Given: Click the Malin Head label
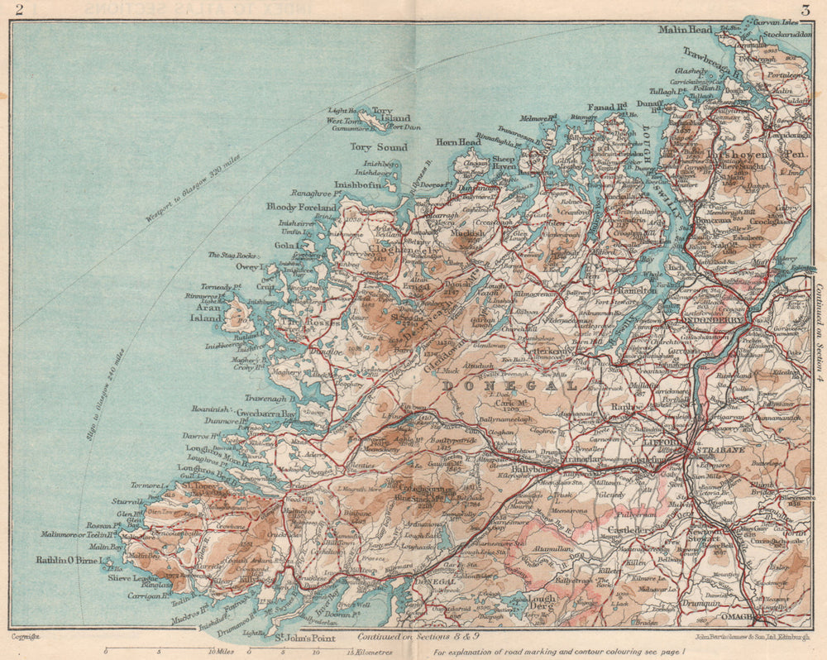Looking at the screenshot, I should [684, 31].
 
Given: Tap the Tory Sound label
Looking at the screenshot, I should [378, 147].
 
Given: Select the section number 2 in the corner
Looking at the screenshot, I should [19, 10].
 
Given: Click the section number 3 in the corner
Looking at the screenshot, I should [804, 10].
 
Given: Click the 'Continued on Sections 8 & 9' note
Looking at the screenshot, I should [408, 638].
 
